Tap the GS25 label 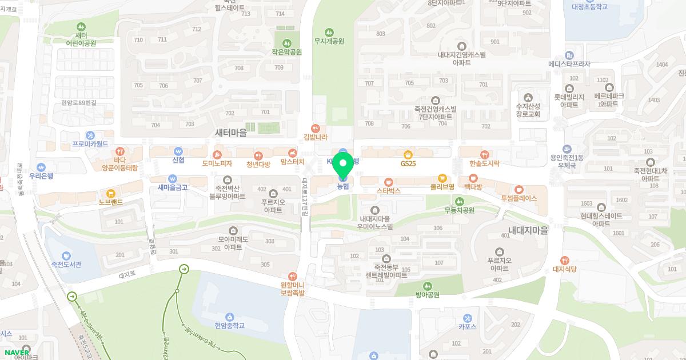click(408, 163)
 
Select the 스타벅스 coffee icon click(389, 181)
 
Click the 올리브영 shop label click(442, 187)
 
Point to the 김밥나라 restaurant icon click(315, 128)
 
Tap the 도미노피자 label click(217, 163)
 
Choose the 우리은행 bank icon click(41, 167)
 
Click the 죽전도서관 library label click(62, 264)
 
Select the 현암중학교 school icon click(229, 317)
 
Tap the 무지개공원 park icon click(329, 32)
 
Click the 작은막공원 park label click(286, 51)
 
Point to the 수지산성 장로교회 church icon click(528, 97)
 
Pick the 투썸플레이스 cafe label click(519, 198)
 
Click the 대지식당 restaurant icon click(565, 261)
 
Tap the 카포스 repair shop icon click(468, 318)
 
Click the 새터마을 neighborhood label click(230, 133)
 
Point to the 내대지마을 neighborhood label click(528, 230)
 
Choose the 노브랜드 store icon click(111, 193)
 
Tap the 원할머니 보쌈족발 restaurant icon click(293, 276)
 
